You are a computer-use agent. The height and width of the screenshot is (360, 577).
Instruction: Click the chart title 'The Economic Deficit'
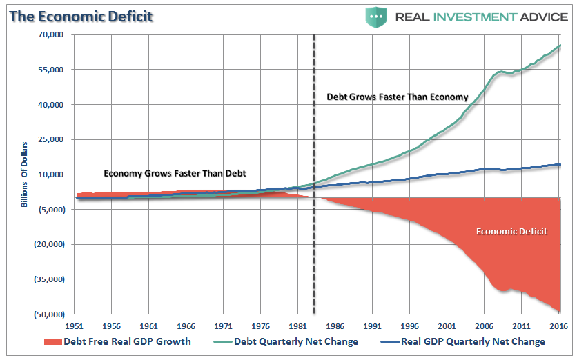pyautogui.click(x=81, y=17)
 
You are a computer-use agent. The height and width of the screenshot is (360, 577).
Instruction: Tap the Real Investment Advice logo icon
pyautogui.click(x=376, y=17)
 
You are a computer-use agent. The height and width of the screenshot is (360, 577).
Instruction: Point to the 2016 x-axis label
pyautogui.click(x=560, y=325)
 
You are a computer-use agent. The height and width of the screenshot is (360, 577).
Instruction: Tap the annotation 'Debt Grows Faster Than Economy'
pyautogui.click(x=397, y=97)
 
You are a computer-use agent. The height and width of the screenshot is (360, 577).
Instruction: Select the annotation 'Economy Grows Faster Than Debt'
pyautogui.click(x=175, y=173)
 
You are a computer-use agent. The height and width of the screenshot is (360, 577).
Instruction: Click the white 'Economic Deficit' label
pyautogui.click(x=511, y=231)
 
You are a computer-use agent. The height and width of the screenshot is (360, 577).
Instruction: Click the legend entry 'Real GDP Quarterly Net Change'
pyautogui.click(x=464, y=341)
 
